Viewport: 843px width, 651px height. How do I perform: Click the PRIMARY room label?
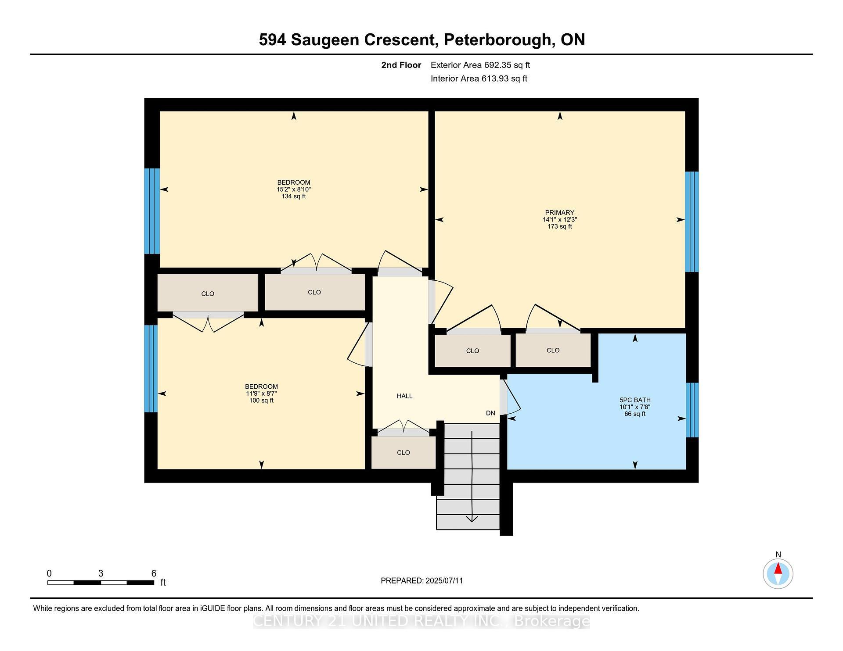tap(559, 213)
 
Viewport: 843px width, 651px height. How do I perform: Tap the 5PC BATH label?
tap(635, 400)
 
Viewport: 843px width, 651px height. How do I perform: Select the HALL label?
tap(404, 396)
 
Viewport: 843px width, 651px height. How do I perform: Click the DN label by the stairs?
tap(490, 413)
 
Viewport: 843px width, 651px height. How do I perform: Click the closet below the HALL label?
tap(403, 452)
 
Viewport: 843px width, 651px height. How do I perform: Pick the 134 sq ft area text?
tap(294, 196)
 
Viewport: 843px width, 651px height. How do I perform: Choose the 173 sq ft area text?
tap(560, 226)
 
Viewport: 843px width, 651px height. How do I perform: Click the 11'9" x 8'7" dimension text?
tap(261, 393)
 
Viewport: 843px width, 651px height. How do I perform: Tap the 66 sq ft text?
tap(635, 414)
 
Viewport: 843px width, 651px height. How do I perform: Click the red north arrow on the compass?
tap(778, 569)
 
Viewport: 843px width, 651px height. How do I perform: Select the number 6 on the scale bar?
tap(154, 573)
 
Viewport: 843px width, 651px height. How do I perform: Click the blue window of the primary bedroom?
tap(692, 222)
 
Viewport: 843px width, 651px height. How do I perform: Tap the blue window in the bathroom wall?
tap(692, 410)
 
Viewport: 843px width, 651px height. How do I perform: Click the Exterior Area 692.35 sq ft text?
tap(480, 65)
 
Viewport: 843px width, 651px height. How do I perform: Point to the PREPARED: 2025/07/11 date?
tap(421, 581)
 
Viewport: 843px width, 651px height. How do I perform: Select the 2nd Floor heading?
tap(401, 65)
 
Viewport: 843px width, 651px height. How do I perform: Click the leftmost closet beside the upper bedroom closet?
tap(208, 293)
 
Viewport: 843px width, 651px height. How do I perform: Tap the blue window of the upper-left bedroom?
tap(152, 211)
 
